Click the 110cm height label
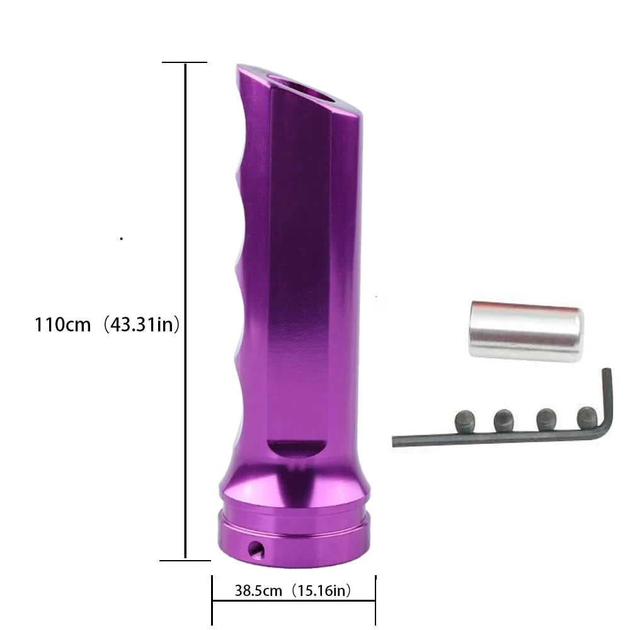click(62, 324)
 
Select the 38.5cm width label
click(258, 590)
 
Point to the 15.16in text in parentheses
click(321, 590)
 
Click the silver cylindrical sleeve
click(526, 331)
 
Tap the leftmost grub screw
click(466, 421)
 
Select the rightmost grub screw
click(587, 417)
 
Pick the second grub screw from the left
click(504, 420)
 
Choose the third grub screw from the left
click(546, 419)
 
